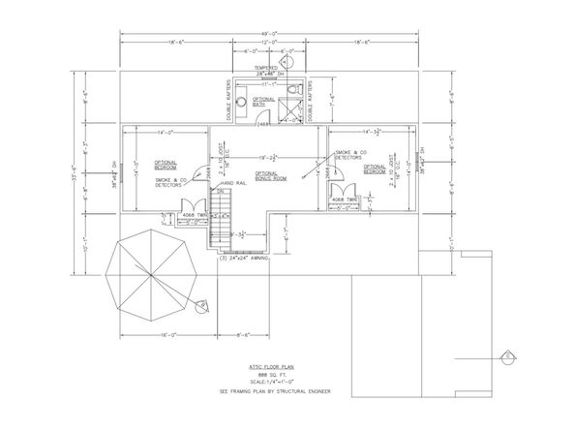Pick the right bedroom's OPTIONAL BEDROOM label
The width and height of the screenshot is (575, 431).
tap(377, 167)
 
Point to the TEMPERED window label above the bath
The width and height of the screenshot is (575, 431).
tap(253, 68)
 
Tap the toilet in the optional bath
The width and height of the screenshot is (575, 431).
tap(293, 90)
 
